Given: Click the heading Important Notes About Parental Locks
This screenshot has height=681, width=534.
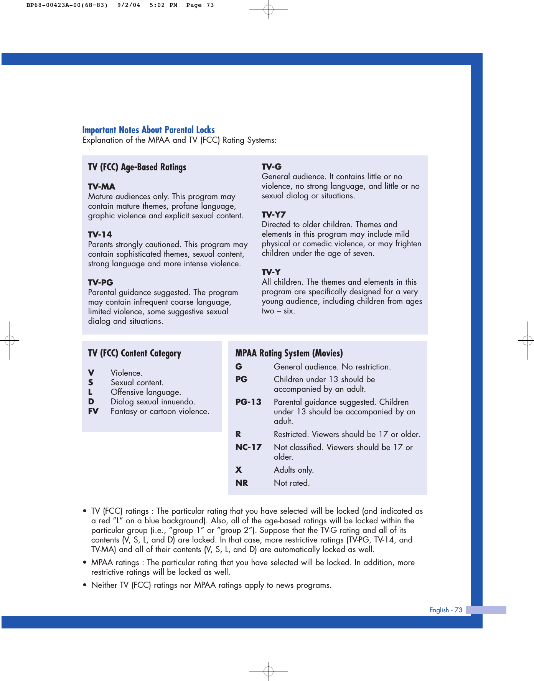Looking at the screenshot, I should pyautogui.click(x=148, y=130).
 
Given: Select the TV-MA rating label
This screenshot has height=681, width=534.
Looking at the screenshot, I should pyautogui.click(x=102, y=187).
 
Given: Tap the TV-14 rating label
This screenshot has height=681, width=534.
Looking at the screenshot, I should pyautogui.click(x=100, y=235).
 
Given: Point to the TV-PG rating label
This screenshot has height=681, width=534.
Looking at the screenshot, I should pyautogui.click(x=101, y=283).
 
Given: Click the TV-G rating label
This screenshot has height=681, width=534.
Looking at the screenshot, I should pyautogui.click(x=272, y=167).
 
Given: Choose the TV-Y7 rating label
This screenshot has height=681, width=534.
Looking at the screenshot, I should pyautogui.click(x=274, y=215).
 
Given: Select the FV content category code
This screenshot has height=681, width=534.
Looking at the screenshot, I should pyautogui.click(x=93, y=411).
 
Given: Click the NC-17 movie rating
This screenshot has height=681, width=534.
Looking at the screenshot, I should pyautogui.click(x=248, y=447).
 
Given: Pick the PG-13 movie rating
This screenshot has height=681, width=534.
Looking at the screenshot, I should pyautogui.click(x=248, y=402).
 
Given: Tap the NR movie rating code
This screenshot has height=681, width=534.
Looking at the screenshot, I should pyautogui.click(x=242, y=483).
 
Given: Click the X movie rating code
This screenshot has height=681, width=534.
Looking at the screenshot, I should pyautogui.click(x=239, y=470).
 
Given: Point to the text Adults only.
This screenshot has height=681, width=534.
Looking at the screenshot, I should pyautogui.click(x=293, y=470).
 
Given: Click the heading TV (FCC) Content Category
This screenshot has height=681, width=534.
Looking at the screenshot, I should pyautogui.click(x=135, y=353).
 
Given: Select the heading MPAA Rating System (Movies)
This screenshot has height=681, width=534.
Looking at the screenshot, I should pyautogui.click(x=289, y=353).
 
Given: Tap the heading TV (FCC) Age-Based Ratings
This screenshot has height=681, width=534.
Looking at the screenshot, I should pyautogui.click(x=137, y=167).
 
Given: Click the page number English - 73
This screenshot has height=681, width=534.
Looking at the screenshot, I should pyautogui.click(x=446, y=610).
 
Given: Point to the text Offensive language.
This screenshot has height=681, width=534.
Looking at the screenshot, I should pyautogui.click(x=146, y=392).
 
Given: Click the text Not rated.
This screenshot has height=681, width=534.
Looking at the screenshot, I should pyautogui.click(x=292, y=483).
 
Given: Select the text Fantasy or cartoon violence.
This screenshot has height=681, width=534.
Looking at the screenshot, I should pyautogui.click(x=160, y=411).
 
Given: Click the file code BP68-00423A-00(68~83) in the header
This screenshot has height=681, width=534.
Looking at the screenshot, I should pyautogui.click(x=67, y=5).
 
